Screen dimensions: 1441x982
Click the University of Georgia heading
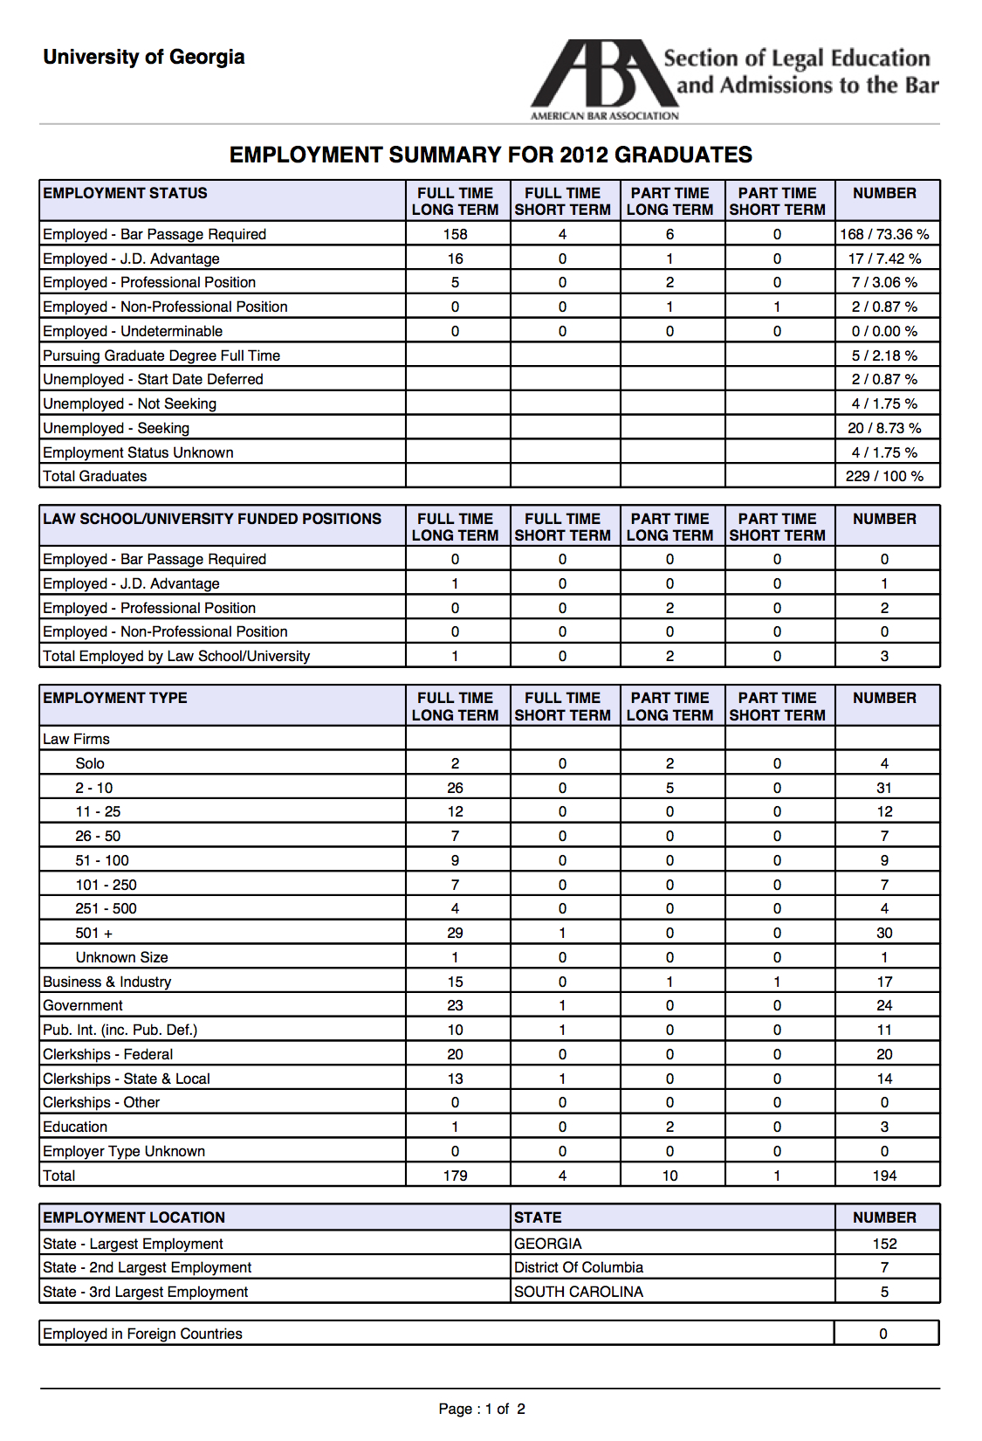(x=144, y=58)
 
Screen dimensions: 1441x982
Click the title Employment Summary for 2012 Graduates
(x=491, y=155)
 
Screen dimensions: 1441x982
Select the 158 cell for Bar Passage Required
(x=455, y=234)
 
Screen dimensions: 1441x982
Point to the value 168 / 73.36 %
(x=884, y=234)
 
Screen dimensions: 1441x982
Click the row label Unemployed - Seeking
(x=116, y=428)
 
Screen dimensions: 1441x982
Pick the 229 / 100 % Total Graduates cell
(x=884, y=476)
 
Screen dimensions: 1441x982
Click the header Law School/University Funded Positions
(x=212, y=519)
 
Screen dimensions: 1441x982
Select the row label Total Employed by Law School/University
(x=176, y=656)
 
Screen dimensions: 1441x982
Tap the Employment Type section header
(x=115, y=698)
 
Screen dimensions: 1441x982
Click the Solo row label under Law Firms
(x=90, y=763)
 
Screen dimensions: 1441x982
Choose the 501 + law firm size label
(x=93, y=933)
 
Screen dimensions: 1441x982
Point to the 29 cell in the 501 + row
(x=455, y=933)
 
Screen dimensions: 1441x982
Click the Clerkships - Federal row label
(x=108, y=1054)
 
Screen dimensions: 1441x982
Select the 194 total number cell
(x=884, y=1176)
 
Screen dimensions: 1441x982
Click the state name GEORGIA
(x=548, y=1244)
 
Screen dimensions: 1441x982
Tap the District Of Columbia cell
(x=579, y=1267)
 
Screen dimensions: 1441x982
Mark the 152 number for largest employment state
(x=884, y=1244)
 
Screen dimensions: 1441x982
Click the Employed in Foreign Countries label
(x=142, y=1334)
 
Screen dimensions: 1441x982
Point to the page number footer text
(x=482, y=1409)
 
